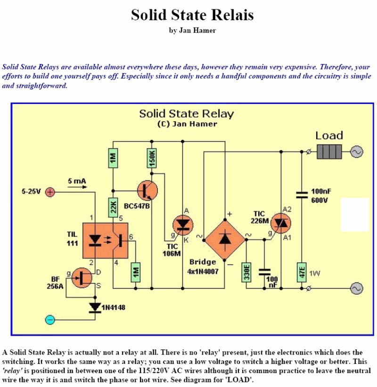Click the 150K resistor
(x=152, y=158)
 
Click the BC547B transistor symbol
(x=148, y=191)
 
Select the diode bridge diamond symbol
(x=224, y=239)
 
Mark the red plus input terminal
(x=50, y=191)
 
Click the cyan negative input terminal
(x=50, y=320)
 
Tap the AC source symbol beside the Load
(x=356, y=151)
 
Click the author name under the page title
(x=192, y=31)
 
